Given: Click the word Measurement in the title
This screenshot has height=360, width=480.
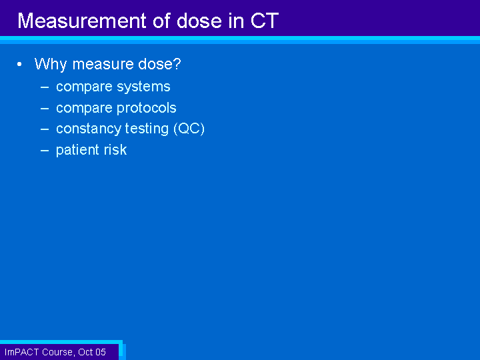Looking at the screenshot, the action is click(82, 21).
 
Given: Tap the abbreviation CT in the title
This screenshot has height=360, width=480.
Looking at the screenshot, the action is click(265, 21).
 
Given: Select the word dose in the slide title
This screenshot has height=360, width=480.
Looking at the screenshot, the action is click(199, 21).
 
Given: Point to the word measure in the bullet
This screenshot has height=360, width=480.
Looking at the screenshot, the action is click(103, 64).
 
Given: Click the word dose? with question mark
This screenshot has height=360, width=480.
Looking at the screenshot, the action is click(159, 64).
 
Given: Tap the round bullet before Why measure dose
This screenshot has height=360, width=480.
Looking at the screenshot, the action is click(19, 64).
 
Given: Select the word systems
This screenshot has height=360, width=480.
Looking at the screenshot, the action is click(143, 87).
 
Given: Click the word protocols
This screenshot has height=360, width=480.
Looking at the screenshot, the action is click(146, 108).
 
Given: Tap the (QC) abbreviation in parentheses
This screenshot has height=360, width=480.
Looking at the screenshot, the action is click(189, 129).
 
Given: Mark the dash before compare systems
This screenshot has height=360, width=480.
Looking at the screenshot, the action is click(45, 87).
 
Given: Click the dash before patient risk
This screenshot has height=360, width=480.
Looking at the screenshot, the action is click(45, 151).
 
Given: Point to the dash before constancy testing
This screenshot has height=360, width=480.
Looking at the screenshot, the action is click(45, 129).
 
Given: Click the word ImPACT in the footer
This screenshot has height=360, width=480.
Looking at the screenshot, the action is click(22, 352).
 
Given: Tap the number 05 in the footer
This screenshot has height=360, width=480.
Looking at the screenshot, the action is click(101, 352).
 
